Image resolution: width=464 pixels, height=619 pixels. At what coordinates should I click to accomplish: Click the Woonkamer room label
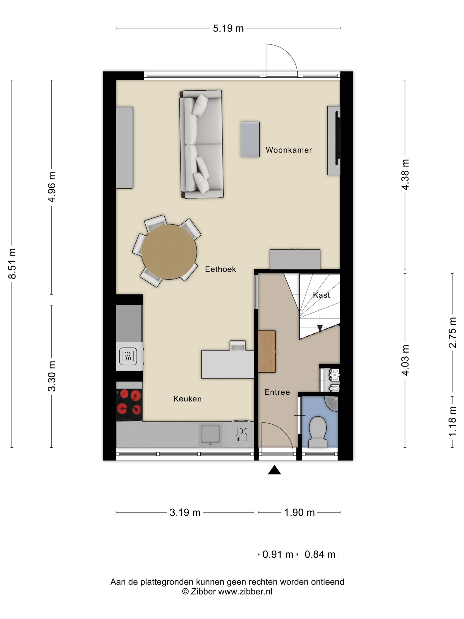289,150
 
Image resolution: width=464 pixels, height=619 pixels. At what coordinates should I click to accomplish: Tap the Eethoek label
220,269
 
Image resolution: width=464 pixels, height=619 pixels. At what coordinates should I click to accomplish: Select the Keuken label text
187,399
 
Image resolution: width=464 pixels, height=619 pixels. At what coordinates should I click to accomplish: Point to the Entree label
277,392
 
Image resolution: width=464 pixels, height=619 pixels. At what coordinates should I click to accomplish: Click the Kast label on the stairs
321,295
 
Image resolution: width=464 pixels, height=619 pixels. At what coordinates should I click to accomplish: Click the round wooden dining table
169,252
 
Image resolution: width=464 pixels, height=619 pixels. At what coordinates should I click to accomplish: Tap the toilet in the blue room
318,432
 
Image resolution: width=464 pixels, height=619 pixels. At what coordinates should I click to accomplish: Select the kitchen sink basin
210,434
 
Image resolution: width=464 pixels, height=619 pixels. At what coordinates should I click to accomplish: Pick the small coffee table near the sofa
250,139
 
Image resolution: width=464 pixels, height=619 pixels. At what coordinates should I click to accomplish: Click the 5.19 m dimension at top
228,28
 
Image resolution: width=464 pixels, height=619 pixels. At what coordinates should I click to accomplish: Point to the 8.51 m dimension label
12,263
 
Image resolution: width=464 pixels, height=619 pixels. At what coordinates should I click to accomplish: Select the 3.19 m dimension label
185,512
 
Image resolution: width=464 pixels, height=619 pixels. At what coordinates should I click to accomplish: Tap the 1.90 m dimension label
299,512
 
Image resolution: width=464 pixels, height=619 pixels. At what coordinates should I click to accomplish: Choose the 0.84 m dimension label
320,554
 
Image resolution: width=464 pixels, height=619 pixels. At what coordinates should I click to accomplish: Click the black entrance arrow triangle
274,470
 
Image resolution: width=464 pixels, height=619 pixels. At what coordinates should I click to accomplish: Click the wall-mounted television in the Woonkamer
338,138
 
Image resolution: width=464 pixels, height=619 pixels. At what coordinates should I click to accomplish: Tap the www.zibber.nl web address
245,591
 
